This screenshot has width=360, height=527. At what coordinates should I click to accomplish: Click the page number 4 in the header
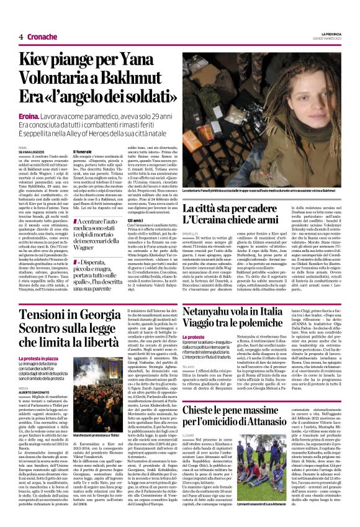(x=20, y=38)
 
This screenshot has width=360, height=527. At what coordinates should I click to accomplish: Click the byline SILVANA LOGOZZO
(x=32, y=152)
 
